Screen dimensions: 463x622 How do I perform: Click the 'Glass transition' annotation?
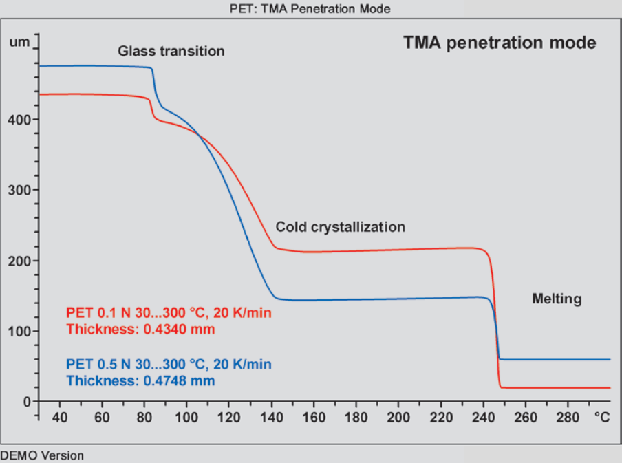pyautogui.click(x=171, y=51)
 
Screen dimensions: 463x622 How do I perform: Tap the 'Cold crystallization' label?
pyautogui.click(x=340, y=227)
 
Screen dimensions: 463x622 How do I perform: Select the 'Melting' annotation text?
pyautogui.click(x=557, y=299)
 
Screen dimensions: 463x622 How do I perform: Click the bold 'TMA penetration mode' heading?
pyautogui.click(x=500, y=43)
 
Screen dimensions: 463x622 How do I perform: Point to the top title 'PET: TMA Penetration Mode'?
pyautogui.click(x=311, y=9)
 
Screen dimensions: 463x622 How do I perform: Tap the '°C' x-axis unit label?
pyautogui.click(x=602, y=417)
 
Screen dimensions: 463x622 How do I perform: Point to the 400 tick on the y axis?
pyautogui.click(x=21, y=120)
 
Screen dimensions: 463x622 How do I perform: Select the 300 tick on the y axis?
pyautogui.click(x=21, y=191)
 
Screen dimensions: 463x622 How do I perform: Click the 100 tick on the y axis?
pyautogui.click(x=21, y=332)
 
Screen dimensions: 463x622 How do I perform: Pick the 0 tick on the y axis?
pyautogui.click(x=28, y=402)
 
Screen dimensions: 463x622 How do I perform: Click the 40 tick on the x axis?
pyautogui.click(x=60, y=417)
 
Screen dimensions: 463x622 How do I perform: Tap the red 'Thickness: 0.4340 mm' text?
pyautogui.click(x=140, y=330)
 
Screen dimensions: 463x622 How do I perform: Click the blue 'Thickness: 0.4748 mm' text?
pyautogui.click(x=140, y=380)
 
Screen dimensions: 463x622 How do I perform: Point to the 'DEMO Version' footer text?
pyautogui.click(x=42, y=455)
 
